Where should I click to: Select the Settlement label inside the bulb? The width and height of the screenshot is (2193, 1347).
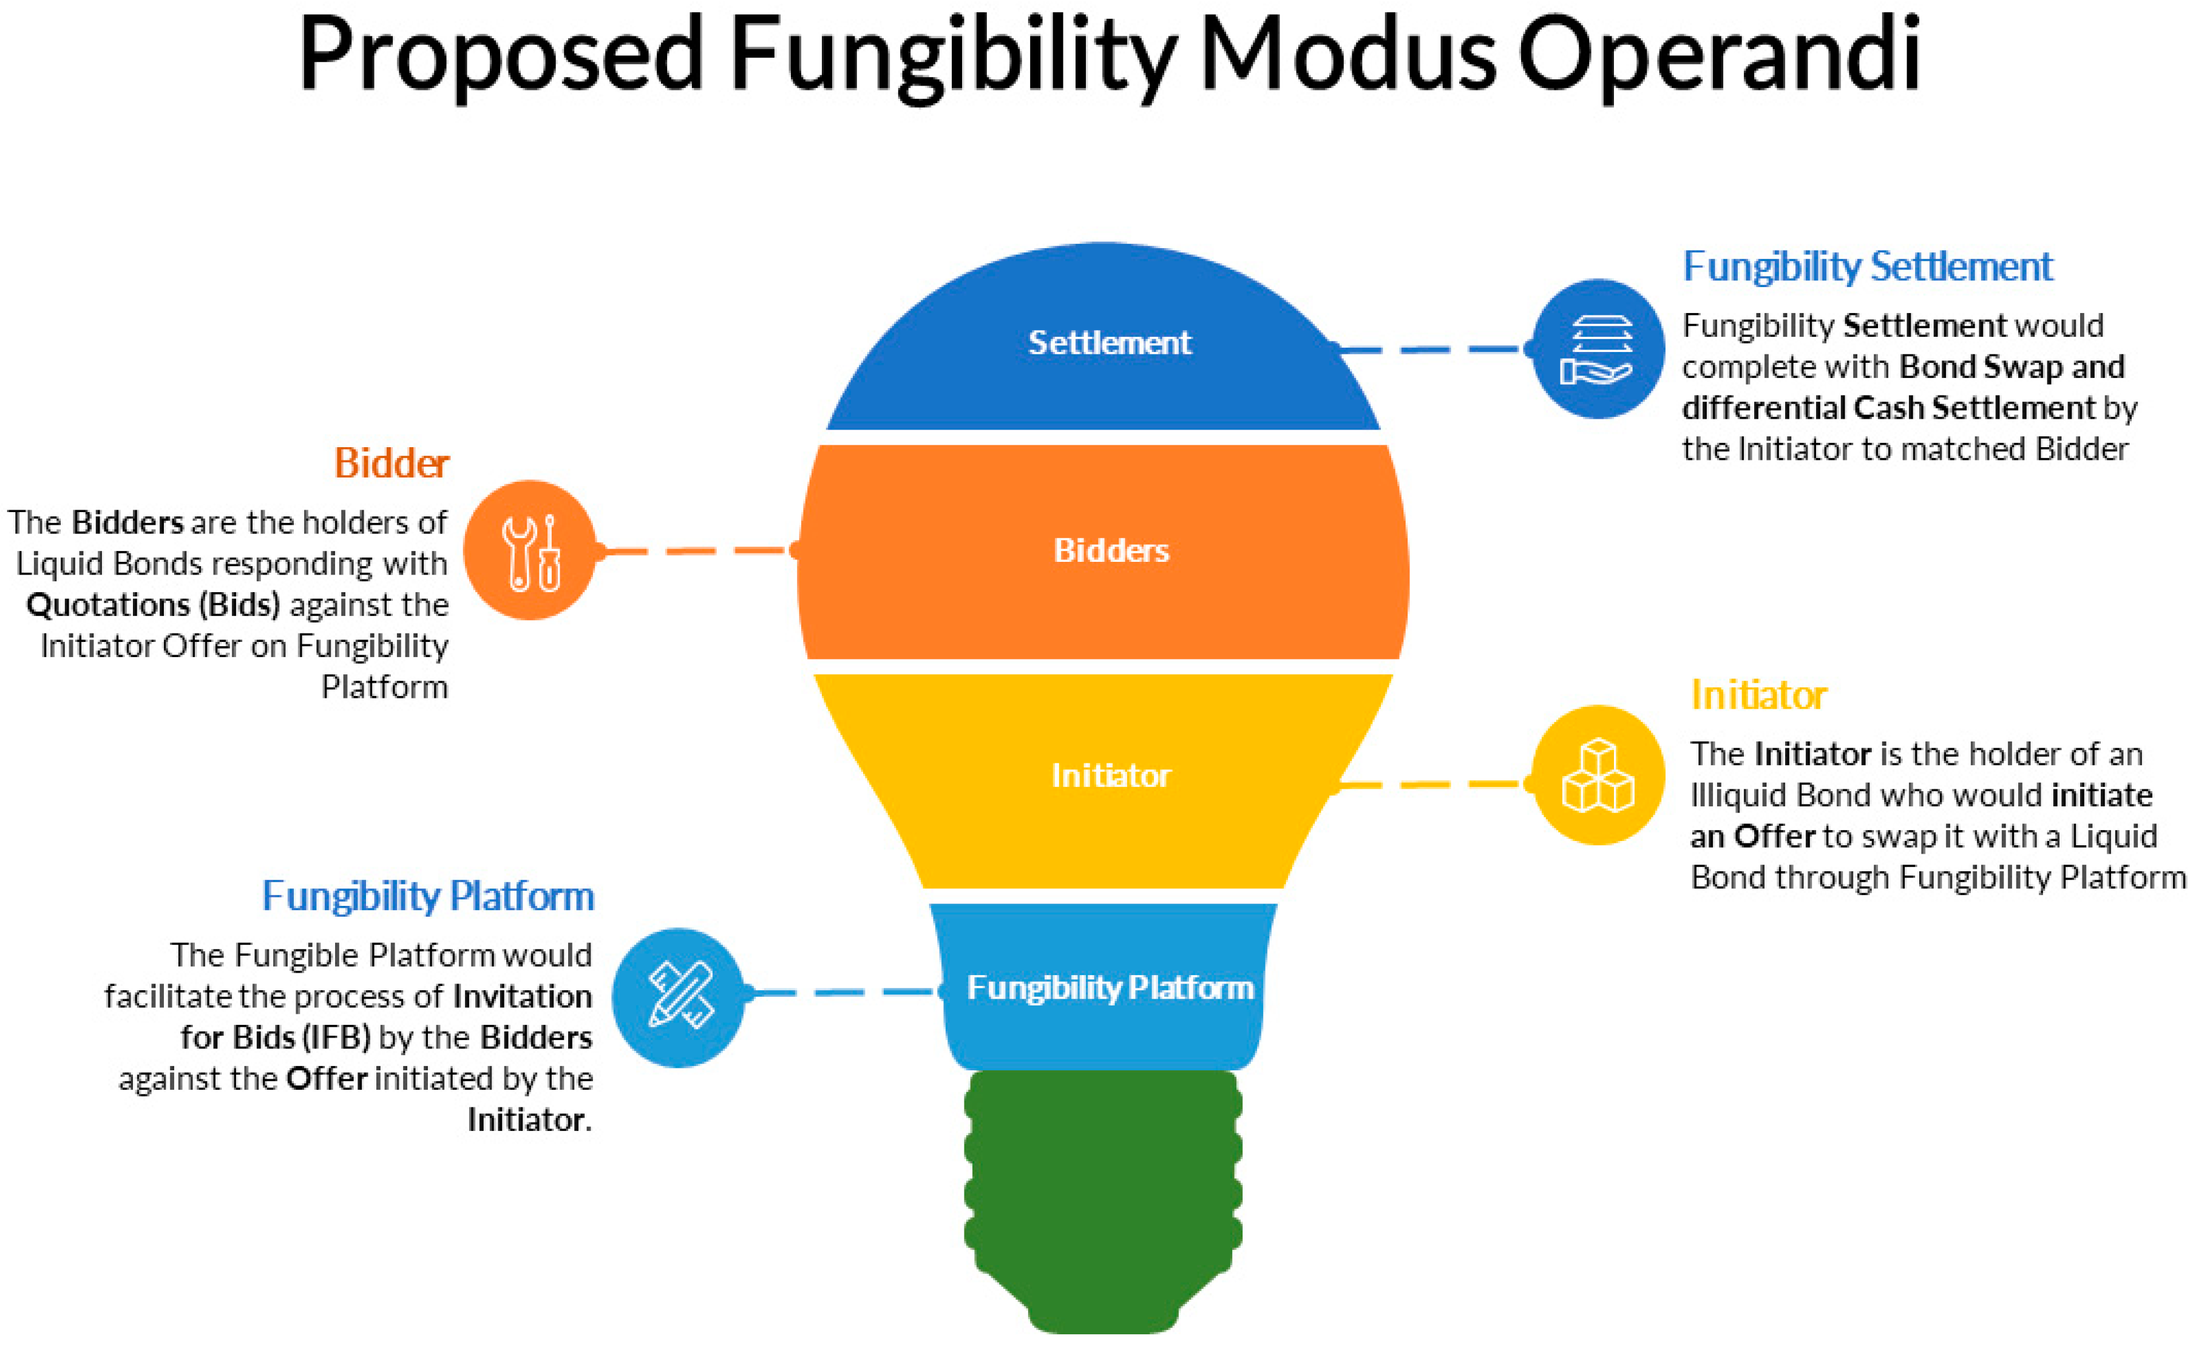pyautogui.click(x=1110, y=343)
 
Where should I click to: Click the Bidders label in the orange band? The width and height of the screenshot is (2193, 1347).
pyautogui.click(x=1111, y=550)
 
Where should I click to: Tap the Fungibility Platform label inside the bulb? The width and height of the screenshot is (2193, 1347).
pyautogui.click(x=1110, y=988)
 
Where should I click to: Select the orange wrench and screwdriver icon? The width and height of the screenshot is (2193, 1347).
pyautogui.click(x=530, y=550)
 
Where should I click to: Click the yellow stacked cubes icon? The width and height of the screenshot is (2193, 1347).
pyautogui.click(x=1598, y=775)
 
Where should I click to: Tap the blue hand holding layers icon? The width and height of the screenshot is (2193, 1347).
pyautogui.click(x=1598, y=349)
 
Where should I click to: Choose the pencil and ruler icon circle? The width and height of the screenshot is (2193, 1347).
pyautogui.click(x=679, y=998)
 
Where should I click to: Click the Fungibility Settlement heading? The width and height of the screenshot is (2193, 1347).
pyautogui.click(x=1867, y=266)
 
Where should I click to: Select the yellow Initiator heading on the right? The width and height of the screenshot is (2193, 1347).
pyautogui.click(x=1758, y=695)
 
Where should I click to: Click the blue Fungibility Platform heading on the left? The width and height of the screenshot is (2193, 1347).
pyautogui.click(x=428, y=896)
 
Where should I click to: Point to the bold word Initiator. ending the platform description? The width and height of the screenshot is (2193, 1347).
pyautogui.click(x=529, y=1120)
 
